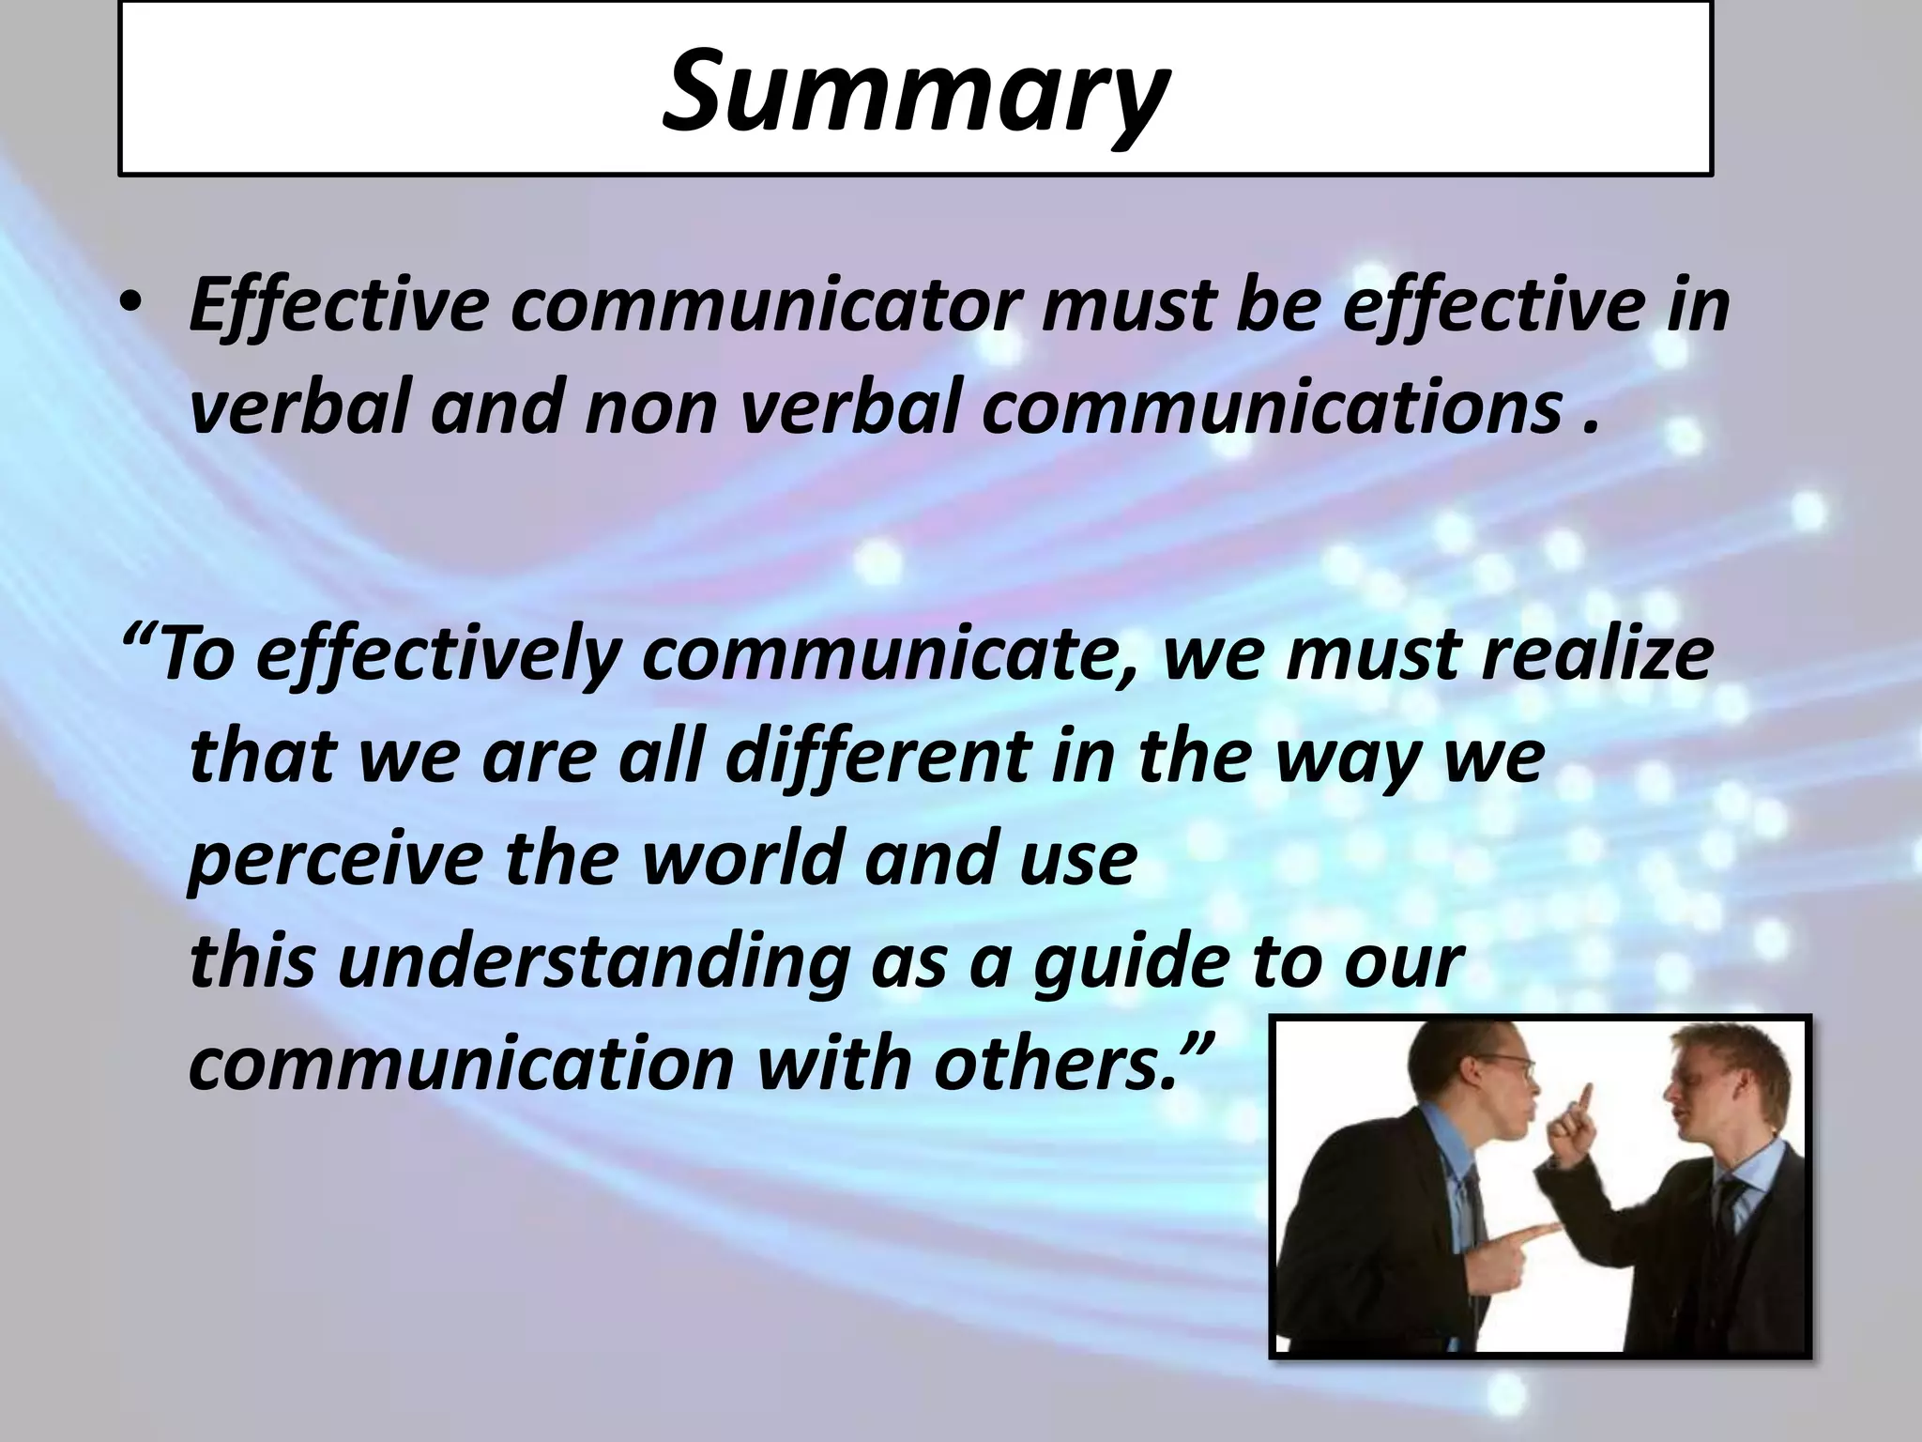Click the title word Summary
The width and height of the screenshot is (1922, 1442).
click(915, 92)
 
